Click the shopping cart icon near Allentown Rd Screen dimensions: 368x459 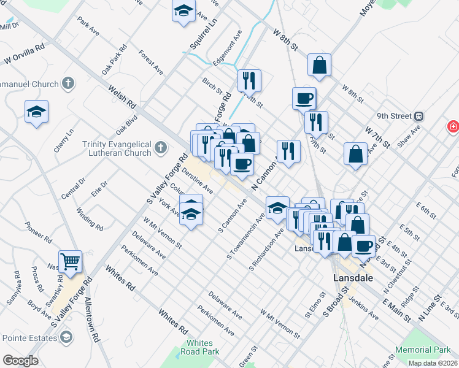point(70,262)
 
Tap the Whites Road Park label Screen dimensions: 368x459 point(199,347)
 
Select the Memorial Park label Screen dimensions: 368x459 point(422,349)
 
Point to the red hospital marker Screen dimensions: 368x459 point(453,126)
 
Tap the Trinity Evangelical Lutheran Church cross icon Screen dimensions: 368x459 point(161,147)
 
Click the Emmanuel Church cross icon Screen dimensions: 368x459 point(68,83)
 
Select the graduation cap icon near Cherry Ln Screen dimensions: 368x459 point(36,112)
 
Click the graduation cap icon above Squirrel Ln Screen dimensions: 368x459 point(183,11)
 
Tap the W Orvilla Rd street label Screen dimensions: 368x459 point(25,53)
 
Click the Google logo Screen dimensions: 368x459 point(20,361)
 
